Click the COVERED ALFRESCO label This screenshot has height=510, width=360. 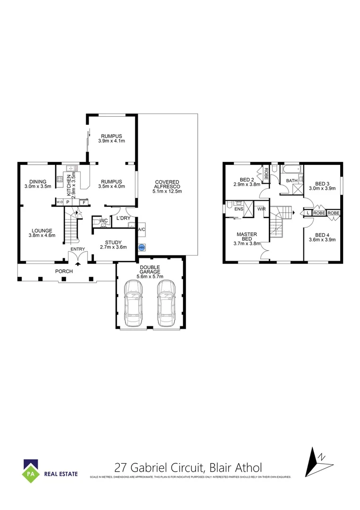tap(168, 187)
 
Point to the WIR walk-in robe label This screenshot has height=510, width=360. tap(261, 208)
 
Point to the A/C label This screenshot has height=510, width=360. tap(141, 230)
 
